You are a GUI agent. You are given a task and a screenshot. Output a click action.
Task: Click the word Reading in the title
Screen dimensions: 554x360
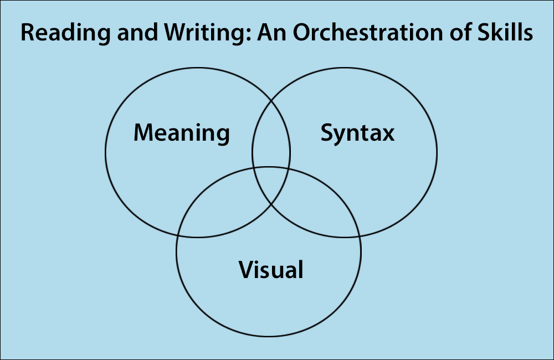[x=66, y=33]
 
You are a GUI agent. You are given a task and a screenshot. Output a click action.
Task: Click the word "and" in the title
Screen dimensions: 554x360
[x=137, y=33]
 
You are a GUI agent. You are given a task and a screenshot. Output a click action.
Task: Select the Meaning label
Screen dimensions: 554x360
[x=182, y=133]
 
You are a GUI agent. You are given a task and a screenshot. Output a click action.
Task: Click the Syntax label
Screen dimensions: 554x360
[x=357, y=133]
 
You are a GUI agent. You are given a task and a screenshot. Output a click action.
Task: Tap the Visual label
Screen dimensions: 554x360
[x=271, y=270]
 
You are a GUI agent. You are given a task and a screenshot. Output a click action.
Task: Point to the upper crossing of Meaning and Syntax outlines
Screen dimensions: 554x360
[x=271, y=101]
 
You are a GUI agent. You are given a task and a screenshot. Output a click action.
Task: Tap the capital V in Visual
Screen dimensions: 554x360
[x=247, y=270]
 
